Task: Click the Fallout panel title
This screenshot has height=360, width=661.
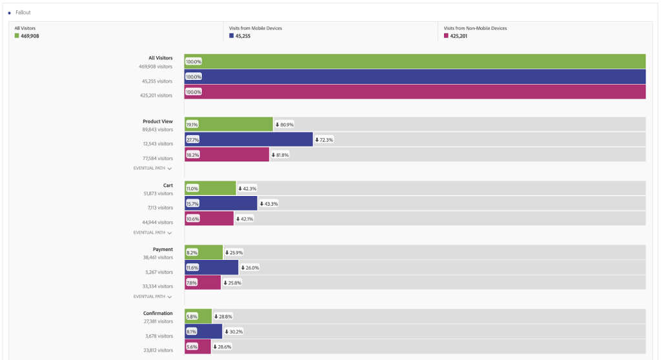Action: point(23,12)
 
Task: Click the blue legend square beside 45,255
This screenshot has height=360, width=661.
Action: point(232,36)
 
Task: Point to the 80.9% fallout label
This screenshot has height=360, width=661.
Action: point(285,125)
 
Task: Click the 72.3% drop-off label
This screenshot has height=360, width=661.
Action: point(324,139)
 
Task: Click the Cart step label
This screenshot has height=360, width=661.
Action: point(168,185)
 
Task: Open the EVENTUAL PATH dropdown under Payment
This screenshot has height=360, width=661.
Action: point(153,297)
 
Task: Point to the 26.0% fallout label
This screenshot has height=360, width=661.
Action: point(250,267)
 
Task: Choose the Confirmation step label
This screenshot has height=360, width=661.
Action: point(158,314)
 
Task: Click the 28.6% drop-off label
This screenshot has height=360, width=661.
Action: point(223,346)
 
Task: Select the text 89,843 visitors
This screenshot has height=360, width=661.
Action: point(156,130)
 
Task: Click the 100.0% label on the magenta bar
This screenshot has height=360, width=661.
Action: point(194,92)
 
